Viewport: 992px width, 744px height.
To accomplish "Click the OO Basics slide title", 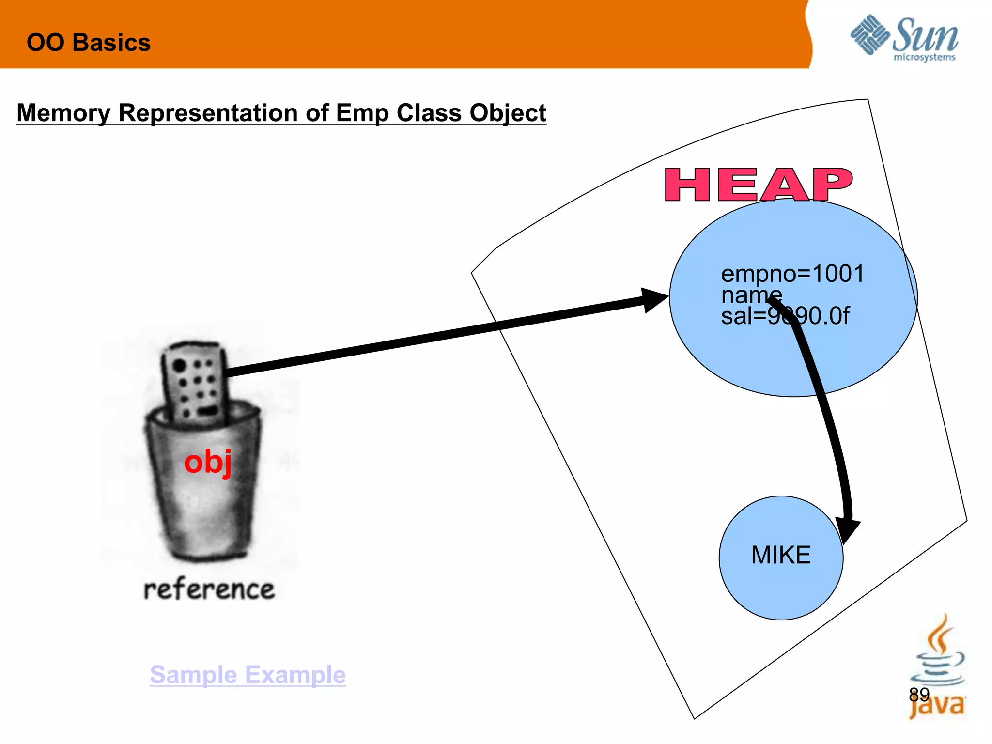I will (89, 43).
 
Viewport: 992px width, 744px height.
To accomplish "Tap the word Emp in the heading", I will (362, 113).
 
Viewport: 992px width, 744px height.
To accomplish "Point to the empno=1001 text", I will (792, 274).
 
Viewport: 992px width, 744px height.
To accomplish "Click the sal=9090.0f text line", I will (785, 316).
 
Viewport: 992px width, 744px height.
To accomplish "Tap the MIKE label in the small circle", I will (781, 555).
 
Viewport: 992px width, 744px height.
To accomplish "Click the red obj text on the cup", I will (208, 462).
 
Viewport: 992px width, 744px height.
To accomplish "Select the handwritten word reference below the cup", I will (209, 589).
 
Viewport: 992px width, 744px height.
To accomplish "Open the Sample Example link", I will (248, 674).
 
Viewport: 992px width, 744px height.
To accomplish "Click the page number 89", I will (919, 695).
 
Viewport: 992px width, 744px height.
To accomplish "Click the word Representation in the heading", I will (208, 113).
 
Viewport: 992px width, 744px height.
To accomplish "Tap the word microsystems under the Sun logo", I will (924, 58).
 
